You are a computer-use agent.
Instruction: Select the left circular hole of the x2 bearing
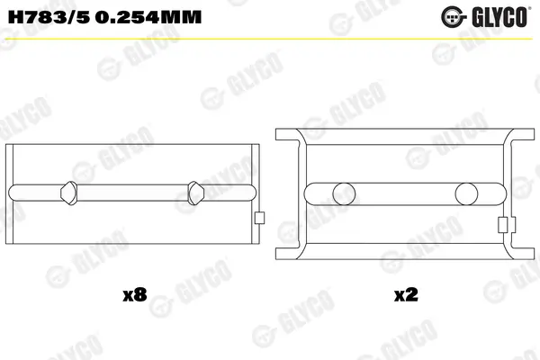point(342,193)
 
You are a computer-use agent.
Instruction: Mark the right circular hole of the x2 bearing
point(466,193)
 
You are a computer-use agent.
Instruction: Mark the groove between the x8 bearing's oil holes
point(131,192)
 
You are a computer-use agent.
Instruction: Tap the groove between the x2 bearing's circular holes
point(404,193)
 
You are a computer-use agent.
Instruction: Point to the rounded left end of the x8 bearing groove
point(13,192)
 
